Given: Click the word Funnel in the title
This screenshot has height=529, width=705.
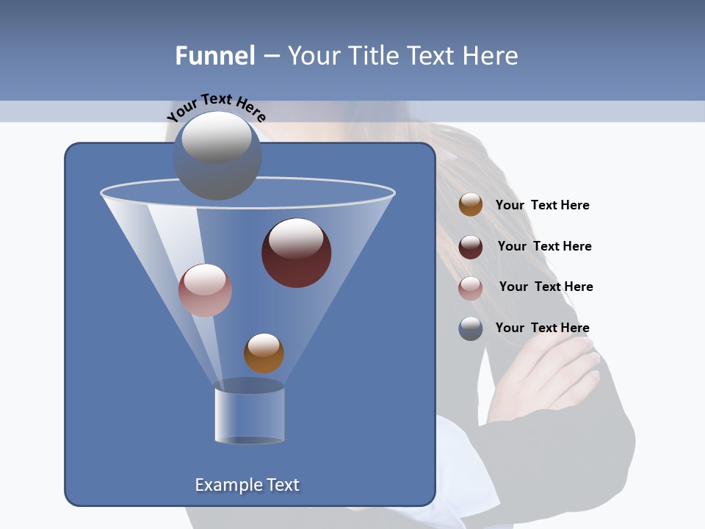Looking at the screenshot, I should [215, 56].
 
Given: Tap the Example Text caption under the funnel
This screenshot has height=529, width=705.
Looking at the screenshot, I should [247, 485].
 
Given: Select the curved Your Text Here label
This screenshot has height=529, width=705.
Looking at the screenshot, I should [217, 107].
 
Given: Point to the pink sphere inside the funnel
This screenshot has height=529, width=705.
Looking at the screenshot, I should [205, 290].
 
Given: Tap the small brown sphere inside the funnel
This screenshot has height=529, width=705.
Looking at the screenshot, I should [264, 353].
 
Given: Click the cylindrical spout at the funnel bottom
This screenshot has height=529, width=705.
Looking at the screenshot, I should [250, 415].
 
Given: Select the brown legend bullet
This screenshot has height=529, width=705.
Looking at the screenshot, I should [471, 205].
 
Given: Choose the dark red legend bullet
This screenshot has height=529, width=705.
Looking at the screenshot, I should [471, 247].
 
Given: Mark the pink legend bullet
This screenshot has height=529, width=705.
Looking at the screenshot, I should [471, 288].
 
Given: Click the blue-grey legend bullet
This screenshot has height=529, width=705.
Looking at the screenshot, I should [471, 328].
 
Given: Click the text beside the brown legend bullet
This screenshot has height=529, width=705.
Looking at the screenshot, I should [542, 206].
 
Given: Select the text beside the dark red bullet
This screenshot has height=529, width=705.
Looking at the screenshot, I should [544, 247].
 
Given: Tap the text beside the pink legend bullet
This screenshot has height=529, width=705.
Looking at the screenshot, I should [546, 287].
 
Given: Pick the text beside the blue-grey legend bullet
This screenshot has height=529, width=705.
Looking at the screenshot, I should [542, 328].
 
